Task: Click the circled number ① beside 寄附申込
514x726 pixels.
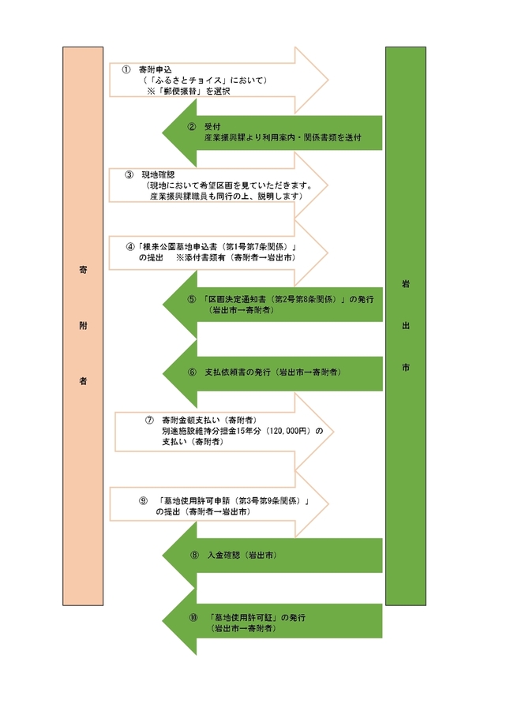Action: point(126,69)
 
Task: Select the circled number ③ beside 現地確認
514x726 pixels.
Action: point(129,174)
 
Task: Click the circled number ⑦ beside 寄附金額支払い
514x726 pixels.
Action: point(148,419)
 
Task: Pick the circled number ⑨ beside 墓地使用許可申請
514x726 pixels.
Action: point(143,501)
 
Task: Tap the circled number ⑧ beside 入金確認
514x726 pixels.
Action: point(194,556)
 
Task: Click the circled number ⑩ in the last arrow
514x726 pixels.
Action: point(193,617)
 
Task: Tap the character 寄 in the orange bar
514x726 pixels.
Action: point(83,270)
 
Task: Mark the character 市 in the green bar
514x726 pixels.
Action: point(405,367)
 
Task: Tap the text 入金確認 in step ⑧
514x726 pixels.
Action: point(223,556)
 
